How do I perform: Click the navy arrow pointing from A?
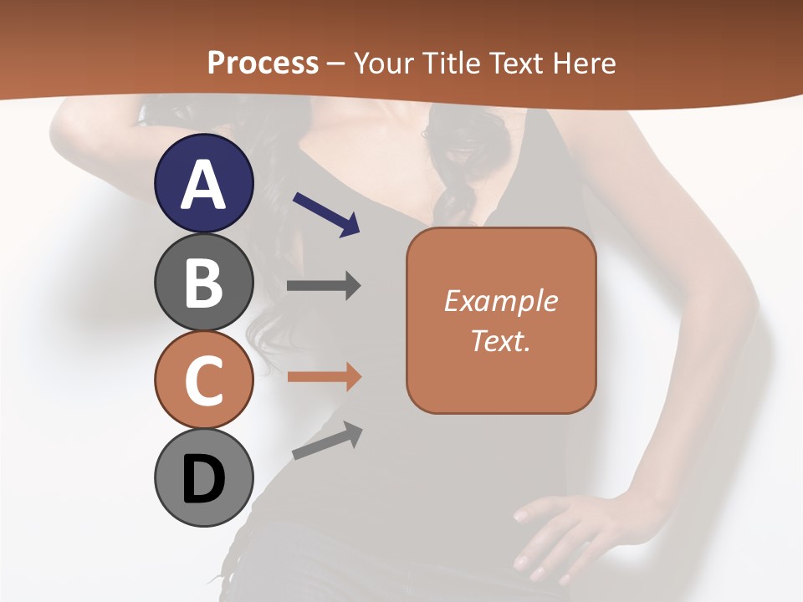(x=326, y=213)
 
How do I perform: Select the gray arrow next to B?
(x=324, y=286)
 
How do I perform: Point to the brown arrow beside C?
(x=324, y=376)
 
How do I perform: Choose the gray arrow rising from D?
(x=327, y=441)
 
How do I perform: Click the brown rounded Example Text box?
(x=501, y=320)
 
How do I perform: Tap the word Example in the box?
(x=501, y=301)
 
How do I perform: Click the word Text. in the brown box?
(x=501, y=340)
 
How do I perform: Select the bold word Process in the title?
(x=263, y=63)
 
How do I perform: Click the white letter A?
(x=204, y=186)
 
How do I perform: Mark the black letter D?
(x=204, y=481)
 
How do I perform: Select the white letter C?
(x=204, y=380)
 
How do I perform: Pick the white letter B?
(x=204, y=283)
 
